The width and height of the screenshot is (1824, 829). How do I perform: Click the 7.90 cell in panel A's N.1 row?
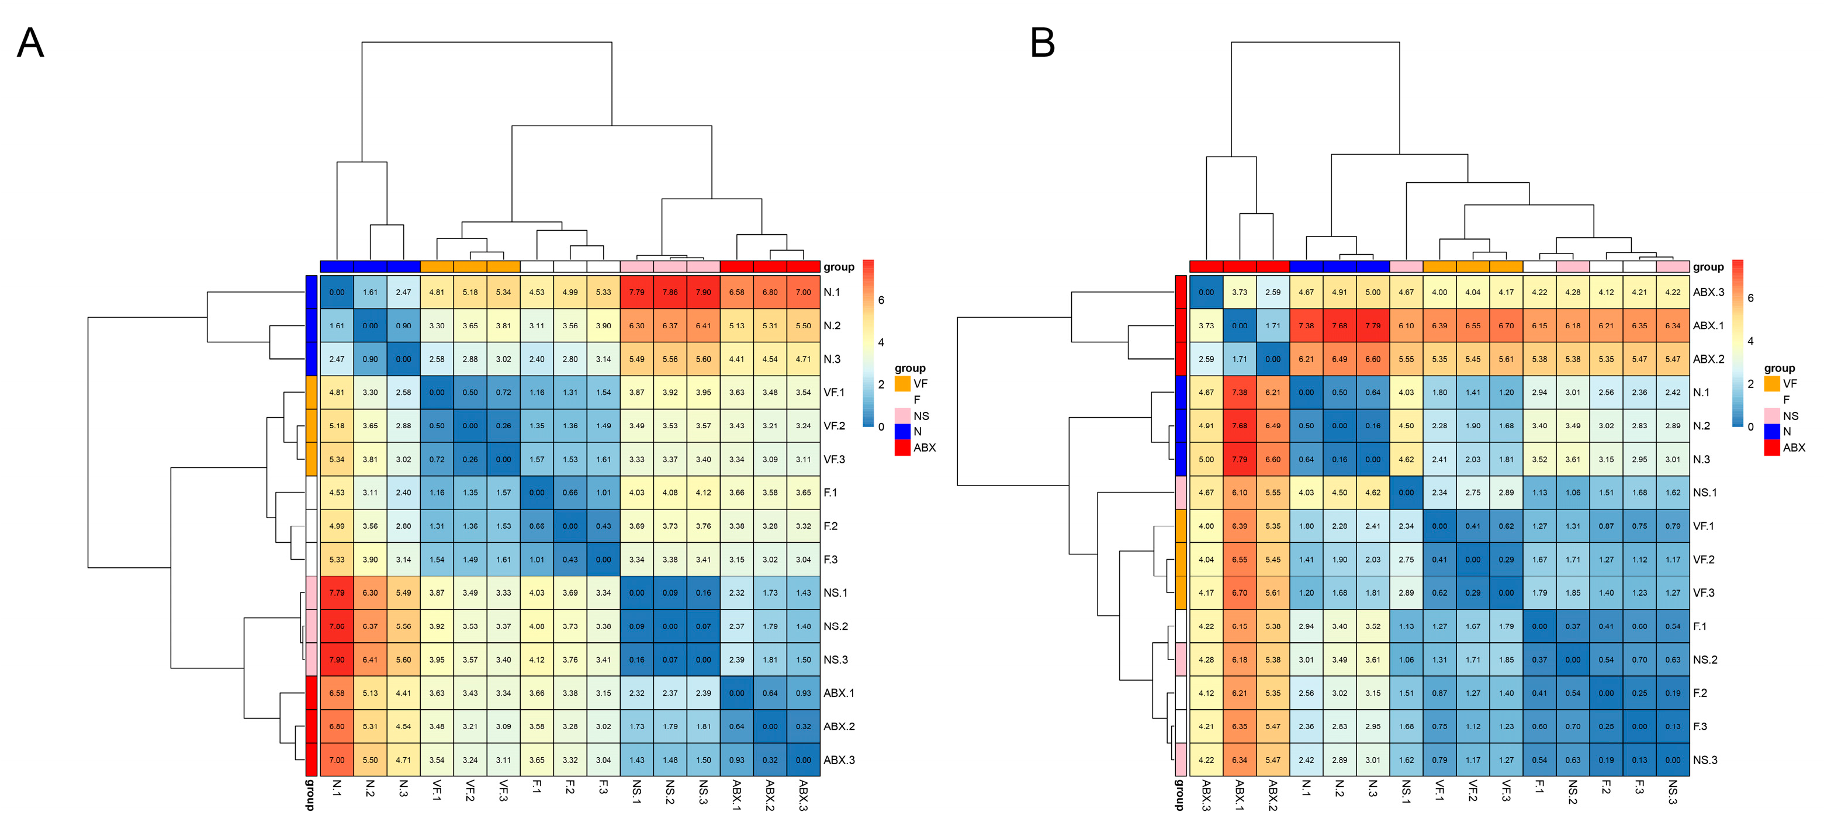coord(703,292)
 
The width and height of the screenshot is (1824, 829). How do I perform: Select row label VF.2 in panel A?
coord(834,425)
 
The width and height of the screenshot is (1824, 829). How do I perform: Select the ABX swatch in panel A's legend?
coord(902,448)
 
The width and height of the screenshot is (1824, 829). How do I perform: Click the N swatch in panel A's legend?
coord(902,431)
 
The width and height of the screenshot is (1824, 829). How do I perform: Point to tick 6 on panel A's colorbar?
coord(881,300)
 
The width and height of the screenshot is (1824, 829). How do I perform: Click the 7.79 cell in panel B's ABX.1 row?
coord(1372,325)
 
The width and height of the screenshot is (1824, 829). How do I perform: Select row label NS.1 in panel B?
coord(1704,492)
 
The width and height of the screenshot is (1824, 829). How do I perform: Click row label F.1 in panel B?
coord(1700,626)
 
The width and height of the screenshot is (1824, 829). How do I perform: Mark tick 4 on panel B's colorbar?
coord(1750,341)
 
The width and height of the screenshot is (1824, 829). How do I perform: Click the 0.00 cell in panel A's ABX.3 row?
coord(803,759)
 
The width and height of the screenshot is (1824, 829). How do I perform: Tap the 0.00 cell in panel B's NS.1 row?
coord(1406,492)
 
